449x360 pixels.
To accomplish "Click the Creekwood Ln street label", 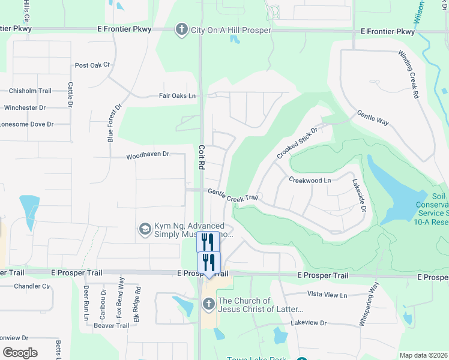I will (310, 180).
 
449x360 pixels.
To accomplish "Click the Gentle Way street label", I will (373, 118).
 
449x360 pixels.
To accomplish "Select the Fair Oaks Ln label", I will (177, 95).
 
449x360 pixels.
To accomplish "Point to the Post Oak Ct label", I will (92, 65).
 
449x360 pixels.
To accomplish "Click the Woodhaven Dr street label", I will (148, 155).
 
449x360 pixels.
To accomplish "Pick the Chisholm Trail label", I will (30, 91).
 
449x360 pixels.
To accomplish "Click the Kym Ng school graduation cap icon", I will (145, 229).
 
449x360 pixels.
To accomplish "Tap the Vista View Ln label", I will (327, 295).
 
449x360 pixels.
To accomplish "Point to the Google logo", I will (20, 353).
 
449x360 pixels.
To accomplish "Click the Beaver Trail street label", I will (111, 326).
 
